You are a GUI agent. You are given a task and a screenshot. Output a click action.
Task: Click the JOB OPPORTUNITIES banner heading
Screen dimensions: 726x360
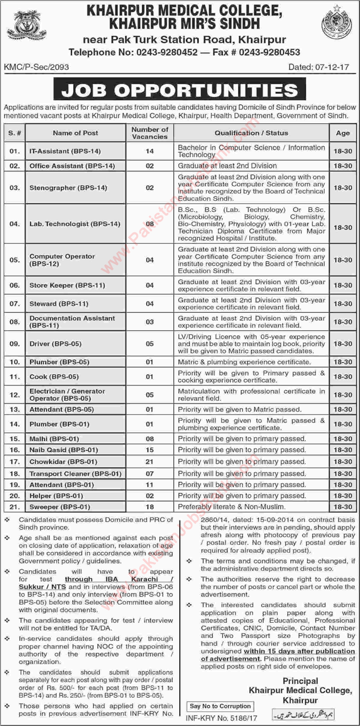(x=180, y=90)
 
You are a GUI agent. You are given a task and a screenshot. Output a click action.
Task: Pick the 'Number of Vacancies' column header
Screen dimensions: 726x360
(x=150, y=133)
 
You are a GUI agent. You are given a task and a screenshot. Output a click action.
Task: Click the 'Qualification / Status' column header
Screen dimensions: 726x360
(x=251, y=133)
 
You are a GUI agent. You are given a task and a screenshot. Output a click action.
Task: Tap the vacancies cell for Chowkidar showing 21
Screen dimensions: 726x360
(x=150, y=462)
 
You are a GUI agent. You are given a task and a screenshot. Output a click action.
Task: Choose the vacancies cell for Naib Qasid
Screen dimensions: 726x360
(x=150, y=450)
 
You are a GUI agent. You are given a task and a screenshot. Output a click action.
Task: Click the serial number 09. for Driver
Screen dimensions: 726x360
(x=14, y=344)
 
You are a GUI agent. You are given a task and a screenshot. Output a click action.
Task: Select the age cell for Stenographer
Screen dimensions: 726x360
(x=343, y=187)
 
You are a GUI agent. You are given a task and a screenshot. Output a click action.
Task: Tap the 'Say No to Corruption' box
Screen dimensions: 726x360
(x=220, y=706)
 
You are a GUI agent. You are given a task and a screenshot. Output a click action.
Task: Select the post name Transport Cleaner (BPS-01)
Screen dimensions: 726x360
(x=75, y=474)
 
